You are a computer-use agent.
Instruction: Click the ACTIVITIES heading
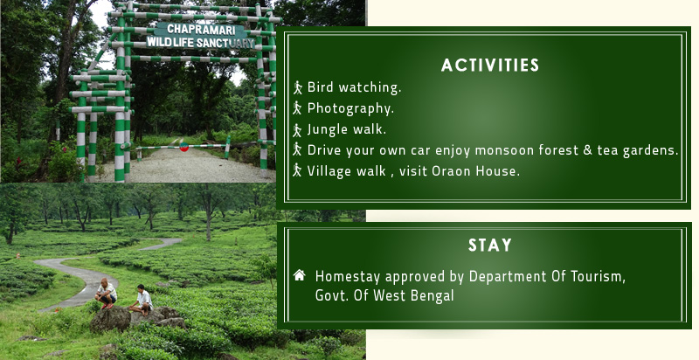[490, 66]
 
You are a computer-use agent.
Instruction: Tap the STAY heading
[490, 245]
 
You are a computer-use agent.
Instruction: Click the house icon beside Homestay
[299, 275]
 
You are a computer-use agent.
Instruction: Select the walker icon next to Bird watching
[297, 87]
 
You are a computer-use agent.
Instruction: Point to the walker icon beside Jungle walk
[297, 130]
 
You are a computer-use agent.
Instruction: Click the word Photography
[350, 108]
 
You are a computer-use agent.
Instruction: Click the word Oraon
[451, 171]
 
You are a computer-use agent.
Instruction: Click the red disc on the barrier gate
[183, 147]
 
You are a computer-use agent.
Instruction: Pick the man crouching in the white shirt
[106, 294]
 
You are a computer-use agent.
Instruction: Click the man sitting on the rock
[142, 300]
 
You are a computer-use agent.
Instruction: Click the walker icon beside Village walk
[297, 170]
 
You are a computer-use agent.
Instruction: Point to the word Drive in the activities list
[324, 150]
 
